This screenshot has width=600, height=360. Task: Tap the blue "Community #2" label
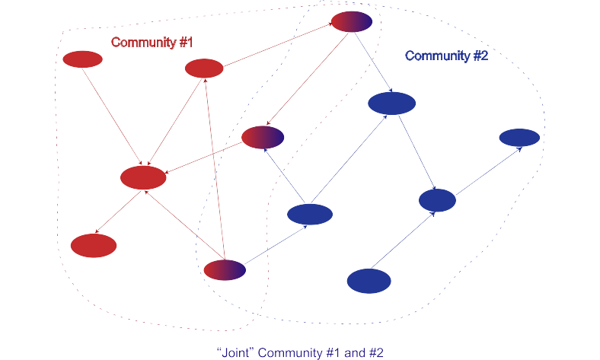(x=446, y=56)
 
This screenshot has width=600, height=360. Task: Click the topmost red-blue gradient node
(x=352, y=22)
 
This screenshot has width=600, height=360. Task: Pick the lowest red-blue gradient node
(x=225, y=269)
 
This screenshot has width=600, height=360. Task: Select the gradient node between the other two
(x=263, y=137)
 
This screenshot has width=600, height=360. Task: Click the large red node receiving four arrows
(x=143, y=177)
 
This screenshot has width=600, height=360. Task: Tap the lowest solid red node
(x=94, y=245)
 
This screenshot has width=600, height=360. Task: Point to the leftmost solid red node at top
(x=82, y=59)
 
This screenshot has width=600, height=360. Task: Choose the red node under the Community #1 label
(x=204, y=68)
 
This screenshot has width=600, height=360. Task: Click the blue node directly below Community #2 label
(x=391, y=103)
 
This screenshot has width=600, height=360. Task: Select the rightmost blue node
(x=519, y=137)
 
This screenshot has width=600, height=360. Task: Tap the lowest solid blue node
(x=369, y=281)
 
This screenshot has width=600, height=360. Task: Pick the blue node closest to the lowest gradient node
(x=310, y=215)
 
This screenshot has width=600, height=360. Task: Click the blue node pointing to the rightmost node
(x=437, y=200)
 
